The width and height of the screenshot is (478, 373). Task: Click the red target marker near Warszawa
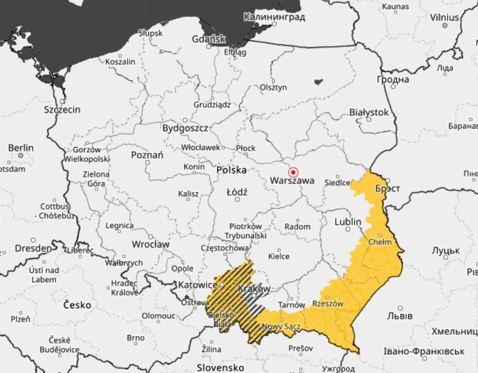click(294, 172)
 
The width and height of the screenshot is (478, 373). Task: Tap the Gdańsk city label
click(209, 39)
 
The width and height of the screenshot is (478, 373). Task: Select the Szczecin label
click(62, 109)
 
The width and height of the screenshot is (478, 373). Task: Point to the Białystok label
click(369, 111)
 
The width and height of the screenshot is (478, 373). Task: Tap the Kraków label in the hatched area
click(255, 289)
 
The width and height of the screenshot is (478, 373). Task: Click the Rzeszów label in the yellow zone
click(328, 304)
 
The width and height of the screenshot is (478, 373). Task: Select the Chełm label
click(380, 241)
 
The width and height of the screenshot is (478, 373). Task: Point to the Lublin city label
click(349, 222)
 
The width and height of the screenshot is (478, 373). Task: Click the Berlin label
click(20, 148)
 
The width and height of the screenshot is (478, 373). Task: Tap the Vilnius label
click(444, 18)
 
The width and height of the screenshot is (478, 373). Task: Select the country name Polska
click(231, 170)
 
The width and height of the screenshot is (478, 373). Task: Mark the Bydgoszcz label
click(185, 127)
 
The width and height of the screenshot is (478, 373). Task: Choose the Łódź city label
click(237, 192)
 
